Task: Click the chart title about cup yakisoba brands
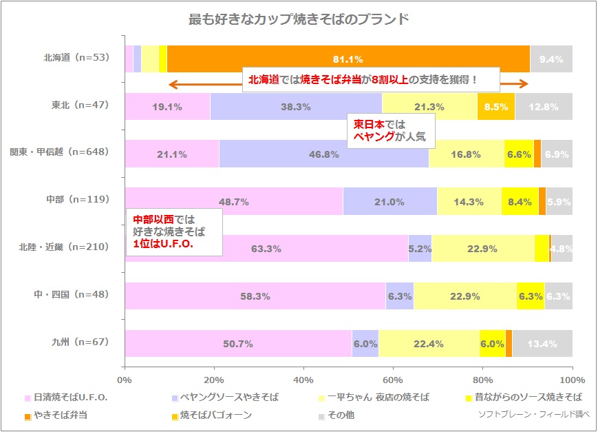(x=299, y=19)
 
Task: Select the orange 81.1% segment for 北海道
(x=348, y=59)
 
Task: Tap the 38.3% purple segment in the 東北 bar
(x=296, y=107)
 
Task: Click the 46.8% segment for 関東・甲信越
(x=323, y=154)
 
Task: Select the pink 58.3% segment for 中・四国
(x=255, y=296)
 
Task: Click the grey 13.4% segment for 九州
(x=542, y=343)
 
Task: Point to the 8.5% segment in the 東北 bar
(x=496, y=107)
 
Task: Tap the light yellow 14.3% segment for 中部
(x=469, y=202)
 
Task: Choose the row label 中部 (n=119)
(x=80, y=200)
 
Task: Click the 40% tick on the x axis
(x=303, y=380)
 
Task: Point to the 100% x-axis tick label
(x=572, y=380)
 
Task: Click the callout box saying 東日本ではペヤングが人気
(x=389, y=130)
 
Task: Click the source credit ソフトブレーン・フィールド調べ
(x=533, y=415)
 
